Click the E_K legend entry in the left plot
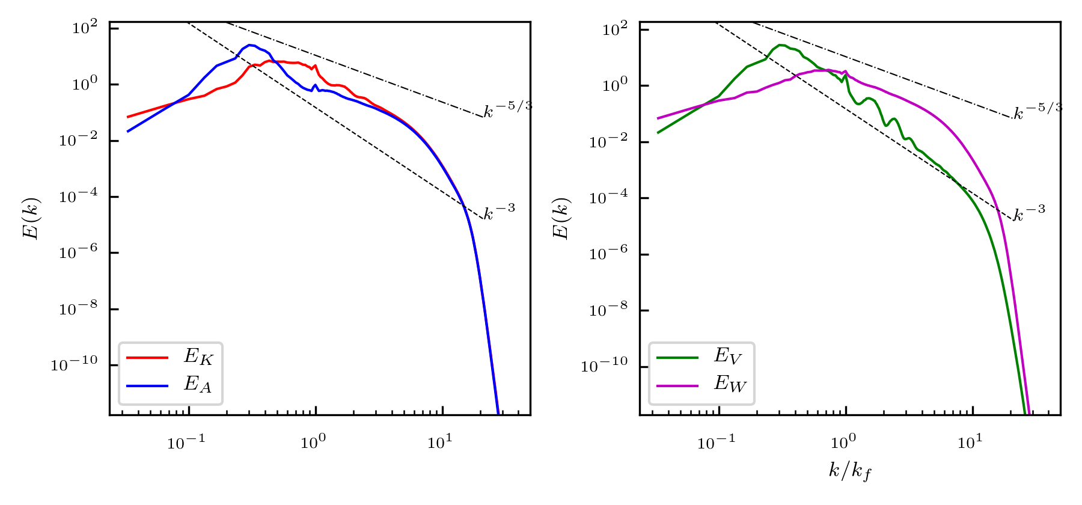click(198, 357)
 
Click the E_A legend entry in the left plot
click(198, 384)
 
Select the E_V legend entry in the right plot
click(728, 357)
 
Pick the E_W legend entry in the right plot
click(729, 384)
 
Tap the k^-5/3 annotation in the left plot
click(507, 109)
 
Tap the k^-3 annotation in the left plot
click(500, 212)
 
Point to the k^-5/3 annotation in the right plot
click(1038, 111)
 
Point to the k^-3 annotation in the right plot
click(1029, 212)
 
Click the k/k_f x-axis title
click(850, 471)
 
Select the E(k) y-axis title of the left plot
click(31, 218)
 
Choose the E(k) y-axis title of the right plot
click(561, 218)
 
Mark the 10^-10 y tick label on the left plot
click(74, 363)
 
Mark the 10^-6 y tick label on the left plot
click(78, 252)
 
